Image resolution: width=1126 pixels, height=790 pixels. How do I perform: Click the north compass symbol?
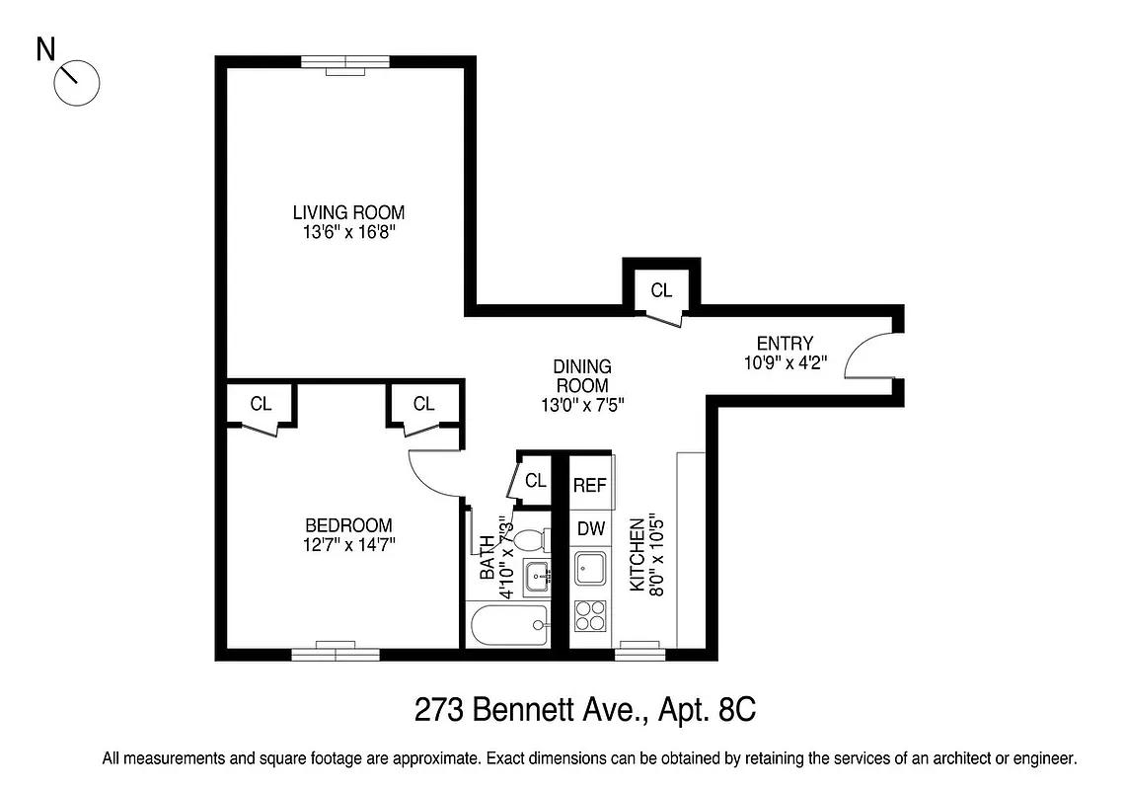click(x=76, y=81)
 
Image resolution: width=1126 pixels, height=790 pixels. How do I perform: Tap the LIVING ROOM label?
click(x=348, y=212)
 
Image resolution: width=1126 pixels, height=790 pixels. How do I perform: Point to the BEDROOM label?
click(x=348, y=525)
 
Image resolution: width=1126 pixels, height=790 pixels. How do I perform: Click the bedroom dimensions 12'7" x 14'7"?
click(x=348, y=544)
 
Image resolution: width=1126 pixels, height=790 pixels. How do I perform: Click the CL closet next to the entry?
click(x=660, y=290)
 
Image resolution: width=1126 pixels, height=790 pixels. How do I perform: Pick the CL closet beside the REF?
click(x=535, y=481)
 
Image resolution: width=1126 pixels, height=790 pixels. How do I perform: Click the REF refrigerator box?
click(x=590, y=485)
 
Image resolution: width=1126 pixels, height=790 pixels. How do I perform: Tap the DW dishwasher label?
click(x=590, y=528)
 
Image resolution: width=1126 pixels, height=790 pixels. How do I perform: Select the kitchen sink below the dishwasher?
click(x=591, y=569)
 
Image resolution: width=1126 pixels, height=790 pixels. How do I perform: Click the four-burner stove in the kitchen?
click(x=591, y=616)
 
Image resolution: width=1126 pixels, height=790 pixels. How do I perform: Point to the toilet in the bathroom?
click(x=531, y=540)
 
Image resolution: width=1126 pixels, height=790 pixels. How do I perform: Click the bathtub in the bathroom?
click(x=509, y=625)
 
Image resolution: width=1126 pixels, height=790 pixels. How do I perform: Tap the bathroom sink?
click(x=535, y=575)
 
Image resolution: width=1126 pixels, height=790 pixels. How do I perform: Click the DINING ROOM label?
click(x=581, y=376)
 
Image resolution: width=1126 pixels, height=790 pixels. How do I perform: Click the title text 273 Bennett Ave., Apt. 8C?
click(x=589, y=709)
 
